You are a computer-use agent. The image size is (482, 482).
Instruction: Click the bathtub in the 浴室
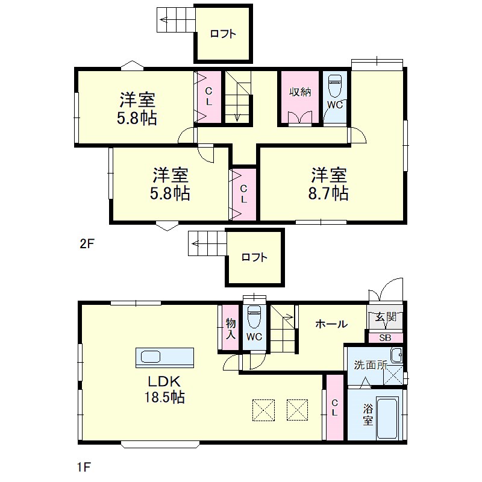point(388,419)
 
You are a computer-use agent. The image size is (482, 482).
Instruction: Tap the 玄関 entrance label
point(385,318)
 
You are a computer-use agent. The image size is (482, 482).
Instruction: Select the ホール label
point(331,324)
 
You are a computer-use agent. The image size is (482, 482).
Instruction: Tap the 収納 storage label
point(300,92)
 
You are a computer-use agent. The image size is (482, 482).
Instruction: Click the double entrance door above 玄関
point(386,292)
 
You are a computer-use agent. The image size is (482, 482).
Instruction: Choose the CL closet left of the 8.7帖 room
point(243,194)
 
